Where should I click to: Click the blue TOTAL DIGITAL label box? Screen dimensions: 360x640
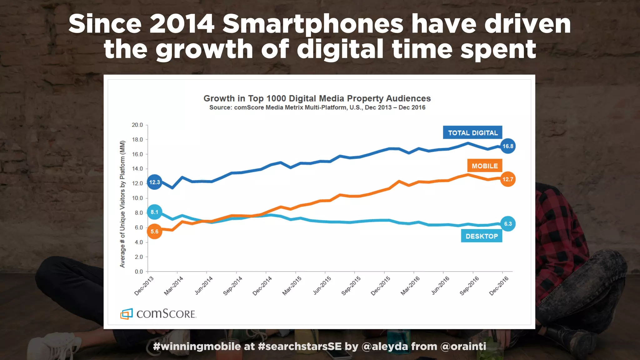pos(472,132)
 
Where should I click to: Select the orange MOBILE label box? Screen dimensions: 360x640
pos(484,166)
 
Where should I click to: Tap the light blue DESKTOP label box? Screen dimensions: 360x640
pos(481,236)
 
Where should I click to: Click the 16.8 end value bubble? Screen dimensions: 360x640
pos(507,146)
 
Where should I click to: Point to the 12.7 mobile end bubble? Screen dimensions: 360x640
pos(507,179)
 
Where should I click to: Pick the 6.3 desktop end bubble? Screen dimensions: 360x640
pos(507,224)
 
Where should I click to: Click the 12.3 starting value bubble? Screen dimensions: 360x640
pos(154,182)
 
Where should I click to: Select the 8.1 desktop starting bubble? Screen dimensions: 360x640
pos(154,212)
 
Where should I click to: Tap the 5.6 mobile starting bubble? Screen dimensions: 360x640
pos(154,232)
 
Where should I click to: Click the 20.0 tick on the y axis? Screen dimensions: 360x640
pos(137,125)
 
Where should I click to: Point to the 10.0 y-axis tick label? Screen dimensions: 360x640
pos(137,198)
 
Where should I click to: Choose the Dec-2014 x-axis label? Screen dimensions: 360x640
pos(262,286)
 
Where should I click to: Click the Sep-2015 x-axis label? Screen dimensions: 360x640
pos(351,286)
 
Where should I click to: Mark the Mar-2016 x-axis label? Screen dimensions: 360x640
pos(410,286)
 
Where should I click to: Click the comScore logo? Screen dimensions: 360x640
pos(158,313)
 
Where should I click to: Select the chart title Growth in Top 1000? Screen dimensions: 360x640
pos(317,98)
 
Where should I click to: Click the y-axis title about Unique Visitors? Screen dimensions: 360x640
pos(122,204)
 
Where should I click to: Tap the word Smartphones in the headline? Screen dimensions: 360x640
pos(313,24)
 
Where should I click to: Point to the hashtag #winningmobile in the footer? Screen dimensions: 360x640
pos(197,346)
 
